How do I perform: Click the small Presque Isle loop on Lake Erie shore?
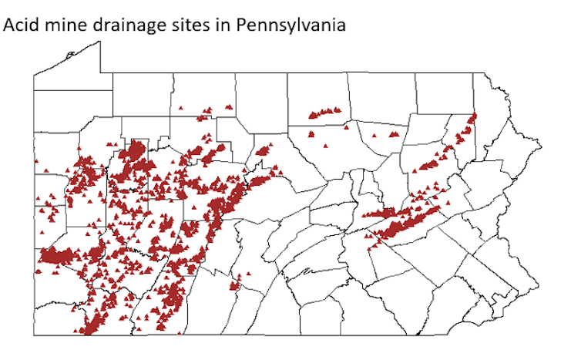[x=70, y=55]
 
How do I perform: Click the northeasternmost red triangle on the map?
[x=474, y=116]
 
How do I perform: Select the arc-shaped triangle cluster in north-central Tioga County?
[x=324, y=113]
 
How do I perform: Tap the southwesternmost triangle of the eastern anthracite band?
[x=368, y=247]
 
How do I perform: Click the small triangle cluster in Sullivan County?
[x=395, y=134]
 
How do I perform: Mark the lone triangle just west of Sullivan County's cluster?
[x=374, y=136]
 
